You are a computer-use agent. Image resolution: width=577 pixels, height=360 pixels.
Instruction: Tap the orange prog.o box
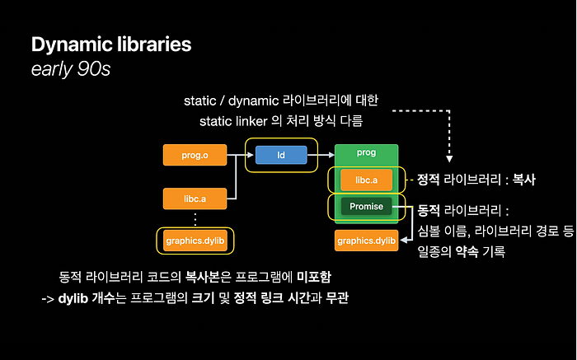195,154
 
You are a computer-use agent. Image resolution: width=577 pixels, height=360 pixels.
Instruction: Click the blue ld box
280,154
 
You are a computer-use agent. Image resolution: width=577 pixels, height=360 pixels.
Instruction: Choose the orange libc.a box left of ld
195,198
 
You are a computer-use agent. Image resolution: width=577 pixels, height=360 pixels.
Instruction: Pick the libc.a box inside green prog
366,179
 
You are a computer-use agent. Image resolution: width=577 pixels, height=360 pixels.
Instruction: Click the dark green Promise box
366,207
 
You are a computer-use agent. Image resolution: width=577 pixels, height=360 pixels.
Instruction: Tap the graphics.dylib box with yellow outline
195,241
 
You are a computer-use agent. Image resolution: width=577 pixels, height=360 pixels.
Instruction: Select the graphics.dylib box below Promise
366,241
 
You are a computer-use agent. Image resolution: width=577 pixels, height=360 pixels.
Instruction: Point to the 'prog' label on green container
366,153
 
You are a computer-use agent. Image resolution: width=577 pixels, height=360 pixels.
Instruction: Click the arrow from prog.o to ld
237,154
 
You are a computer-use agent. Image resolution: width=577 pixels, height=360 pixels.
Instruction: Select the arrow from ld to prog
321,154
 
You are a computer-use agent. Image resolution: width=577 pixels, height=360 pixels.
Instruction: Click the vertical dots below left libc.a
195,219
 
